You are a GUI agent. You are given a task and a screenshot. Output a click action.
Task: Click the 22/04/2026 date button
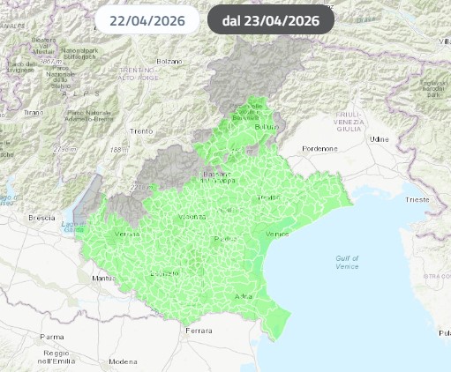tap(147, 19)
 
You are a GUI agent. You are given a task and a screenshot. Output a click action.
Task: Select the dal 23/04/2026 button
tap(270, 19)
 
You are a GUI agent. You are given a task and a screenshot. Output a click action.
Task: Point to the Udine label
tap(380, 139)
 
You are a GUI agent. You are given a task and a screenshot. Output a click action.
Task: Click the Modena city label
tap(123, 361)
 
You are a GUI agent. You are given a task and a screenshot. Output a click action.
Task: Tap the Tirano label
tap(34, 113)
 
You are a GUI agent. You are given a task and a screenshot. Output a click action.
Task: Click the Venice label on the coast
tap(276, 234)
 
